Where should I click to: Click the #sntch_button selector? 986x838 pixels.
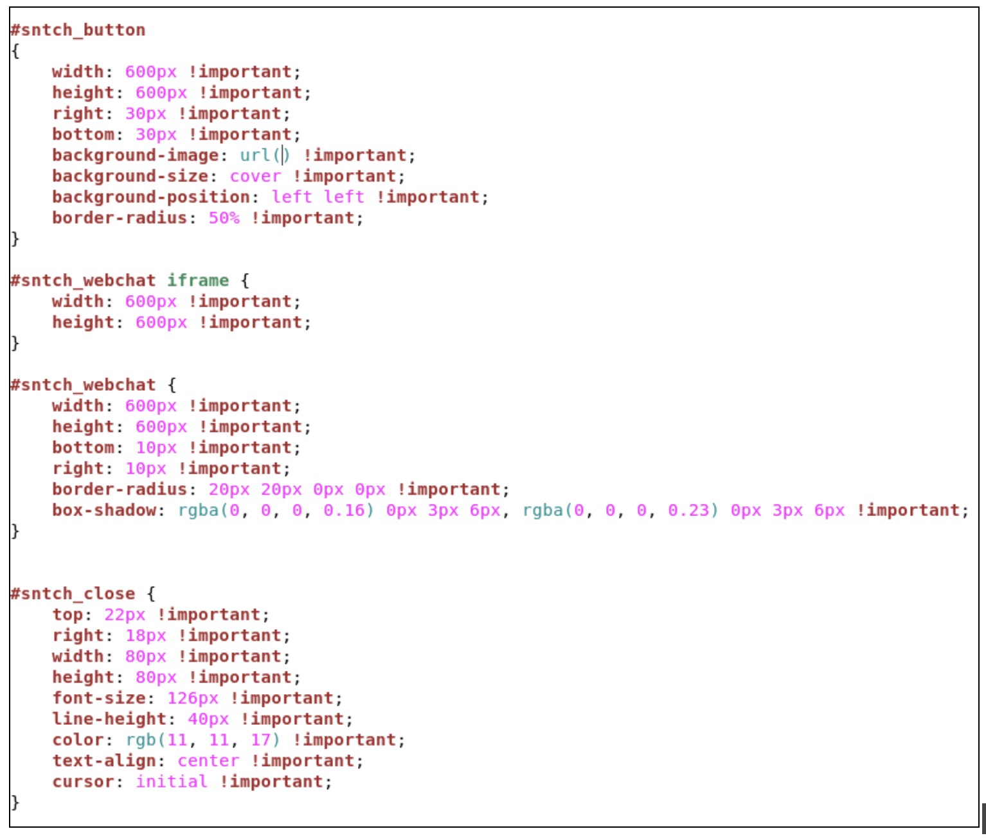pyautogui.click(x=78, y=30)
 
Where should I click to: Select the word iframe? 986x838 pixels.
pyautogui.click(x=198, y=280)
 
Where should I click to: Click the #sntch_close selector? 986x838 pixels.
pyautogui.click(x=73, y=594)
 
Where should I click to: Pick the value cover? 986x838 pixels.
pyautogui.click(x=255, y=177)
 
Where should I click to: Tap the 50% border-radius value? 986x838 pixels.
pyautogui.click(x=224, y=218)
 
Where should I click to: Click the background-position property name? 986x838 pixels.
pyautogui.click(x=151, y=197)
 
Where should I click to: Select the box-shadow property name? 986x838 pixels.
pyautogui.click(x=105, y=510)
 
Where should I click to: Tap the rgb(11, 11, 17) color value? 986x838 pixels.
pyautogui.click(x=202, y=740)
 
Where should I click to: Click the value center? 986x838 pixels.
pyautogui.click(x=208, y=761)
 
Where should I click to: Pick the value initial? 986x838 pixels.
pyautogui.click(x=172, y=781)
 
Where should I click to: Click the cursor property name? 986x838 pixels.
pyautogui.click(x=84, y=781)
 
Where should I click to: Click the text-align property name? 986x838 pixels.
pyautogui.click(x=105, y=761)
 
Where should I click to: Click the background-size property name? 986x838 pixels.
pyautogui.click(x=130, y=177)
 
